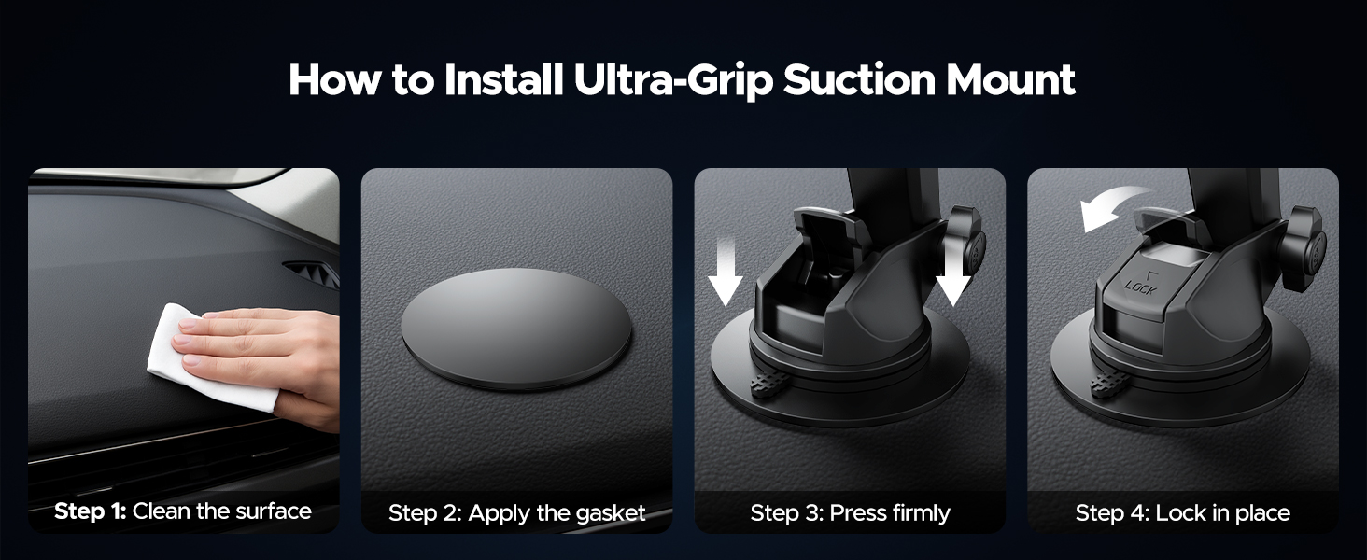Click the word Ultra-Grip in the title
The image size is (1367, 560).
click(672, 80)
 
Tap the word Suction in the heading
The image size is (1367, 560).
click(859, 80)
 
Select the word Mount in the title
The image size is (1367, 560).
click(1010, 80)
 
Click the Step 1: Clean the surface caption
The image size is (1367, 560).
click(182, 511)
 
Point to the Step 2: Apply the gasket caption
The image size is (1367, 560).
click(517, 513)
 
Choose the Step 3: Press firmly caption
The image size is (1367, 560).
click(850, 513)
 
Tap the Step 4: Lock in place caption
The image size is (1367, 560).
click(1183, 513)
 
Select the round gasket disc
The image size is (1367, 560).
click(516, 329)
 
